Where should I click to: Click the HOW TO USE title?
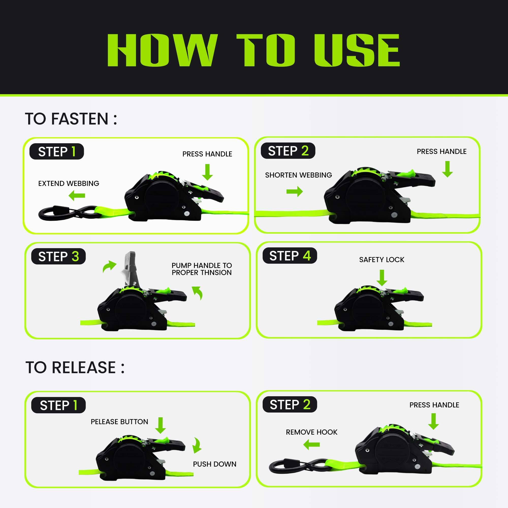point(253,50)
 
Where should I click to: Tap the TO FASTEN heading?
point(71,119)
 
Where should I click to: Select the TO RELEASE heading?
point(75,367)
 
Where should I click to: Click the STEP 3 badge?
point(58,256)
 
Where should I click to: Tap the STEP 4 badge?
point(290,256)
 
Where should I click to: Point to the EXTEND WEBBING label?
point(69,183)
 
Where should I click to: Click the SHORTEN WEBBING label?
point(298,175)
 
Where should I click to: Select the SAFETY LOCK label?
point(382,260)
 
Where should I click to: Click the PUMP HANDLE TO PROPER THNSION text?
point(202,269)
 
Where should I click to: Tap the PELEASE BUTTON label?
point(119,421)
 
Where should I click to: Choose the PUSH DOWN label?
point(215,464)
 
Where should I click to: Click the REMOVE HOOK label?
point(312,432)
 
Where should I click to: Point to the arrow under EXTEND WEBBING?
point(77,196)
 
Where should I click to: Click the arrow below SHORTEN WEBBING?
point(295,192)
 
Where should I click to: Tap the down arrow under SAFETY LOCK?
point(382,278)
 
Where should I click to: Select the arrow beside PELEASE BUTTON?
point(160,425)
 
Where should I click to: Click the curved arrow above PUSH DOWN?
point(197,446)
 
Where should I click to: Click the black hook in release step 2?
point(298,466)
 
